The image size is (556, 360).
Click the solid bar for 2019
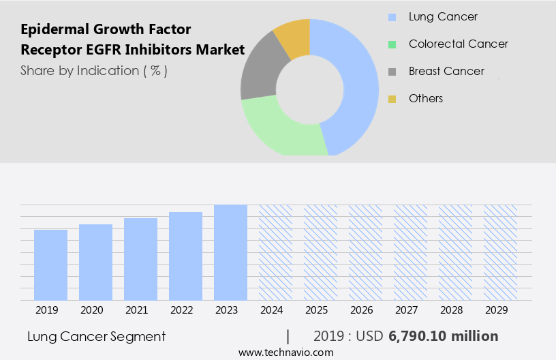tap(50, 265)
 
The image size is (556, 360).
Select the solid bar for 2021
tap(140, 259)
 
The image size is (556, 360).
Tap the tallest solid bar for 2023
tap(230, 252)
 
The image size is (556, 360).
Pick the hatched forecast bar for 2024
tap(275, 252)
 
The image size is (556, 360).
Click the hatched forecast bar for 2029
tap(500, 252)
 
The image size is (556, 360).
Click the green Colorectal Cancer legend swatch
tap(392, 44)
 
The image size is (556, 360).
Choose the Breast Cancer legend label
tap(446, 71)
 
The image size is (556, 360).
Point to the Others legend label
tap(426, 98)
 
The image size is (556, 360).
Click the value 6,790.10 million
tap(444, 336)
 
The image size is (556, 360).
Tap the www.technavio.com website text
tap(285, 352)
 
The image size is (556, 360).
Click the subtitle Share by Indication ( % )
tap(94, 70)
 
